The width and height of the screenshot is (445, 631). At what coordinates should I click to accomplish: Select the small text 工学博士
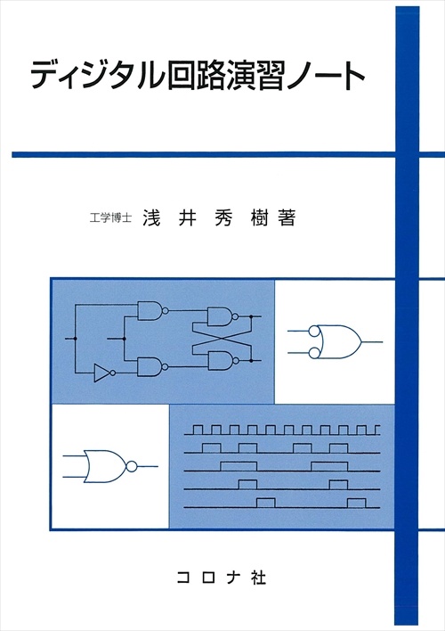pyautogui.click(x=111, y=218)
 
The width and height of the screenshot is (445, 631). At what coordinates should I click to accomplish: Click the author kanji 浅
pyautogui.click(x=151, y=218)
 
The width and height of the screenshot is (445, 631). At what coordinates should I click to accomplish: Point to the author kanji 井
pyautogui.click(x=187, y=218)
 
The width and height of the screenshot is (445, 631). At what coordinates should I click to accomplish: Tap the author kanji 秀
pyautogui.click(x=223, y=218)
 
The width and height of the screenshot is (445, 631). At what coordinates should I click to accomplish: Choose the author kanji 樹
pyautogui.click(x=259, y=218)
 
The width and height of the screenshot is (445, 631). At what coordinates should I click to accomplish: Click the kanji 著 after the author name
pyautogui.click(x=287, y=218)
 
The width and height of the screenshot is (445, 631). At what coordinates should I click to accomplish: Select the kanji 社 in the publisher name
pyautogui.click(x=258, y=578)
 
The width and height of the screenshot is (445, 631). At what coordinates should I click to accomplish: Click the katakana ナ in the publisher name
pyautogui.click(x=232, y=578)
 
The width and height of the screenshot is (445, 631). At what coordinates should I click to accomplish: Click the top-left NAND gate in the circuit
pyautogui.click(x=153, y=311)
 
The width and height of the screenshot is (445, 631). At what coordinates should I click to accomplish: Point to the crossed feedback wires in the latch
pyautogui.click(x=221, y=338)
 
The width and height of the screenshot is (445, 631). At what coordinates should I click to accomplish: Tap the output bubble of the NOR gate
pyautogui.click(x=132, y=466)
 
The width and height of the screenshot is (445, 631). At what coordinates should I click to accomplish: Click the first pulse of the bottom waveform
pyautogui.click(x=266, y=503)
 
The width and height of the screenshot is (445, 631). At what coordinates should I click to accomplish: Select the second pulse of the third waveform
pyautogui.click(x=329, y=466)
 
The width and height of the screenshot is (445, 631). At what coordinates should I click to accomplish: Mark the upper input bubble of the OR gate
pyautogui.click(x=314, y=332)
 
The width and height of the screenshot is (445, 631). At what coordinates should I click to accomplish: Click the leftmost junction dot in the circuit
pyautogui.click(x=75, y=339)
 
